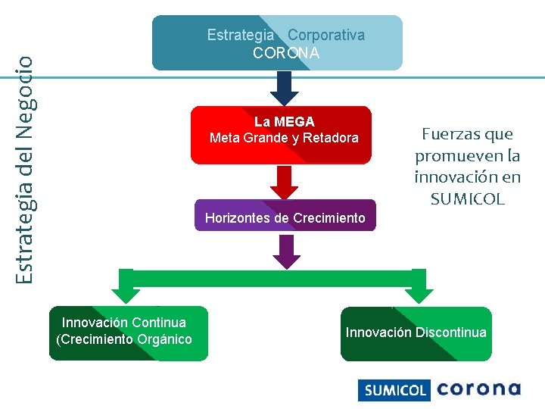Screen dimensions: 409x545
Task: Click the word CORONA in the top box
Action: (x=286, y=53)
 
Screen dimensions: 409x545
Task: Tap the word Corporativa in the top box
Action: (x=325, y=35)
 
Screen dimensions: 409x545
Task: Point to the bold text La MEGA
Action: (x=284, y=121)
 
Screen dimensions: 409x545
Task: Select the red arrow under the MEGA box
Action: (x=285, y=183)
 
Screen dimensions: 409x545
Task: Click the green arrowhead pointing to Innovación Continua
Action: (x=121, y=289)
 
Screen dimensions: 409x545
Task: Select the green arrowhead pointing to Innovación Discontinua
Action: (x=418, y=289)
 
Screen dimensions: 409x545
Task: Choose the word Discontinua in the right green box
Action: (x=450, y=332)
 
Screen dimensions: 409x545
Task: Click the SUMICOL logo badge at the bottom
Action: (x=394, y=390)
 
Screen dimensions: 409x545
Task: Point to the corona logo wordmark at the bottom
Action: (x=478, y=389)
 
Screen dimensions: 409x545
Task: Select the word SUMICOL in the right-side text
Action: (x=467, y=200)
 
